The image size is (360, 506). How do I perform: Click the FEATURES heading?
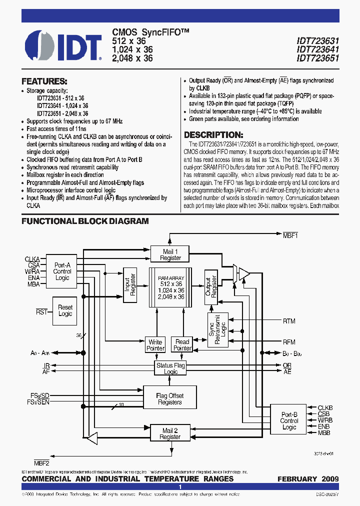pyautogui.click(x=44, y=81)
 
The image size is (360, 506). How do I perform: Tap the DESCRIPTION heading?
pyautogui.click(x=213, y=135)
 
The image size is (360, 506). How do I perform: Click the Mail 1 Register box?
pyautogui.click(x=170, y=254)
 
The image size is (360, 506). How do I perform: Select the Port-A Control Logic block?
pyautogui.click(x=62, y=271)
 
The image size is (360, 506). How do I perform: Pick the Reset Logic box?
pyautogui.click(x=65, y=310)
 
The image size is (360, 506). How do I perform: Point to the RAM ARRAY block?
pyautogui.click(x=170, y=287)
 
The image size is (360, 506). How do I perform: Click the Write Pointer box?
pyautogui.click(x=155, y=345)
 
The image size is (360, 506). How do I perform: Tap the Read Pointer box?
pyautogui.click(x=182, y=345)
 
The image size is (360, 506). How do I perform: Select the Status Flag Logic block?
pyautogui.click(x=170, y=368)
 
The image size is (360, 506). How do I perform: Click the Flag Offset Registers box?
pyautogui.click(x=169, y=398)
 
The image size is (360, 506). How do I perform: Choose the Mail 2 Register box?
pyautogui.click(x=169, y=433)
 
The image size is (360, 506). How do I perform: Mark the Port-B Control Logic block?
pyautogui.click(x=289, y=420)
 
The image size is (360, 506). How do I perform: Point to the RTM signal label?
pyautogui.click(x=289, y=321)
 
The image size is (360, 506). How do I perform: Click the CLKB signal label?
pyautogui.click(x=325, y=408)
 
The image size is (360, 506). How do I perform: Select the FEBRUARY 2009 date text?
pyautogui.click(x=308, y=479)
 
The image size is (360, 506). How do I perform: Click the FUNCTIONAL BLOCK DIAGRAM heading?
pyautogui.click(x=85, y=221)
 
